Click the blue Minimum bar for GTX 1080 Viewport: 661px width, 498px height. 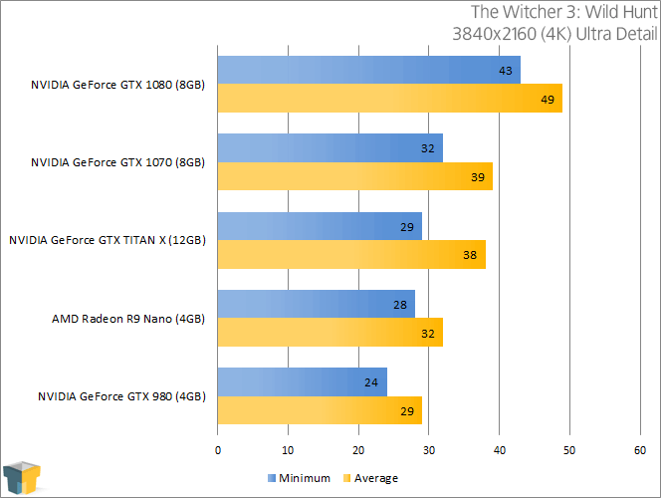[368, 71]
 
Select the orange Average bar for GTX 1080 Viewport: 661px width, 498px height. [389, 99]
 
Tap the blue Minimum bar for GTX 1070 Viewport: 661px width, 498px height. [330, 148]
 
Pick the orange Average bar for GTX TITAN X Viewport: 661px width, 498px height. [351, 254]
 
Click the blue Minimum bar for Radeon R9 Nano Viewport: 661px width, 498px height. [316, 304]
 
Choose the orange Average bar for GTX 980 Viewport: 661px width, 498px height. [320, 409]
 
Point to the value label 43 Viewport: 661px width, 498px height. [505, 71]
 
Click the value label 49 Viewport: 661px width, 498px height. [547, 99]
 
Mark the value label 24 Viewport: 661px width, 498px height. [370, 381]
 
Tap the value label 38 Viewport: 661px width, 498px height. [469, 254]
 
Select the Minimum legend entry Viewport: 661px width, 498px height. [299, 478]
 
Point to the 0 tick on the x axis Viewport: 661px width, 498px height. [218, 450]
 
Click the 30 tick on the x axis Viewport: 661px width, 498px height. [429, 450]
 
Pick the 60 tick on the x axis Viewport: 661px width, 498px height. [640, 450]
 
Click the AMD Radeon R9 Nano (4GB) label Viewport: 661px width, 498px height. [128, 319]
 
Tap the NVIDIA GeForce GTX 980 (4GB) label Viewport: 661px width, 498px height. [121, 396]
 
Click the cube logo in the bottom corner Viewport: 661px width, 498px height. [23, 476]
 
